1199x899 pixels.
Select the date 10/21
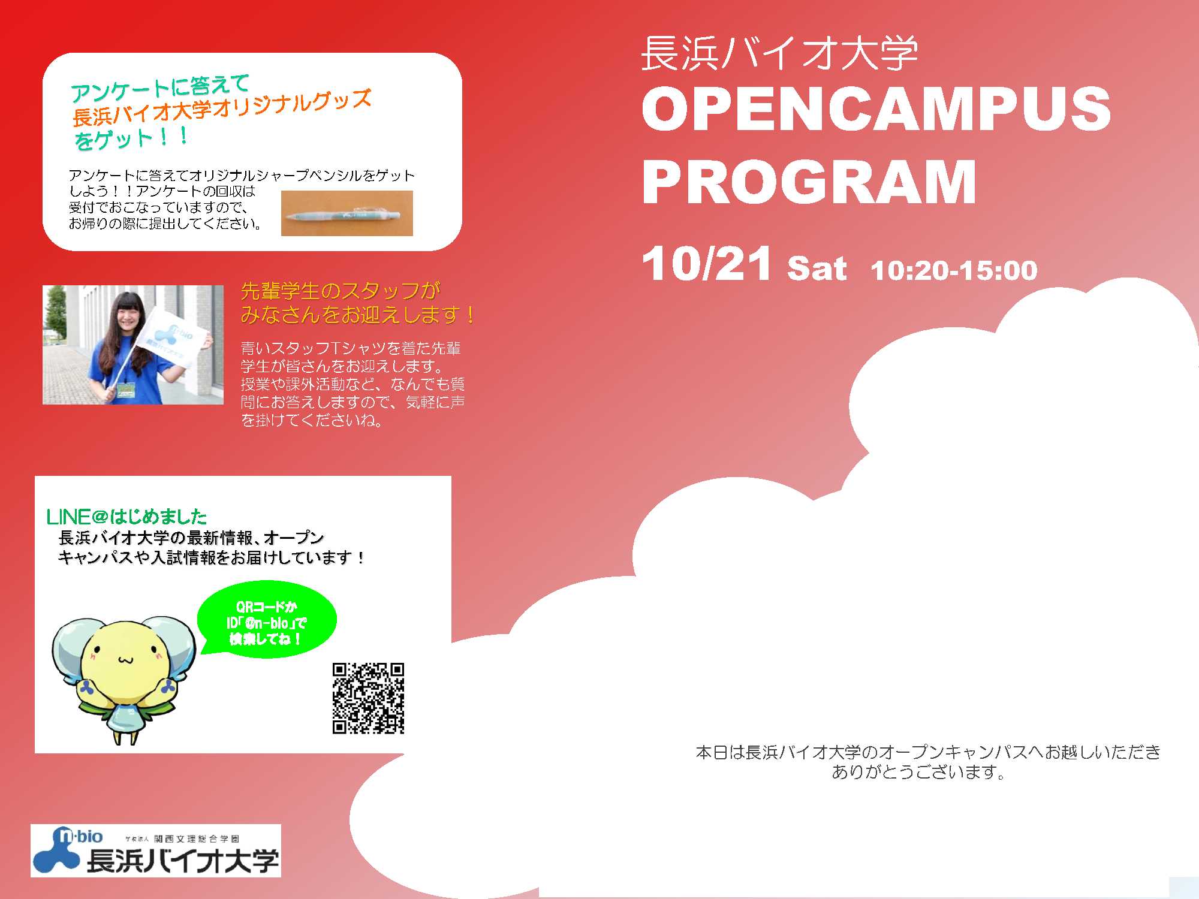(x=706, y=263)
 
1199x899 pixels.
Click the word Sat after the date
(x=817, y=268)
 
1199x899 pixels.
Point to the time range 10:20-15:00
(x=954, y=270)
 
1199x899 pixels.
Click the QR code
(x=369, y=698)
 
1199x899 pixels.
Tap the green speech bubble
(x=267, y=620)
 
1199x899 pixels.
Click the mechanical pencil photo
(x=347, y=213)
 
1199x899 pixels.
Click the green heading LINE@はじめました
(x=126, y=517)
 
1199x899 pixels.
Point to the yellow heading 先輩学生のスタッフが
(x=341, y=291)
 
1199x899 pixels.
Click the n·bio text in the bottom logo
(x=80, y=836)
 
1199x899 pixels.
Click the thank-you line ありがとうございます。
(x=918, y=772)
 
